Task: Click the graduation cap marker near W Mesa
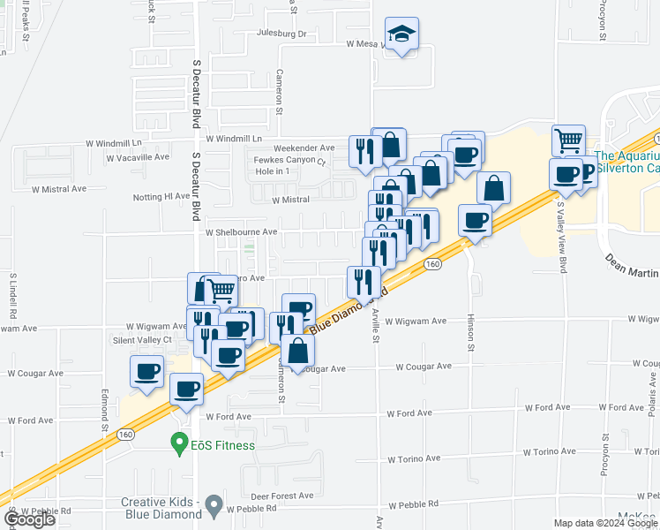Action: [401, 34]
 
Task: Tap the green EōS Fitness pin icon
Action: [180, 442]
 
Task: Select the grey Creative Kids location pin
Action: [214, 507]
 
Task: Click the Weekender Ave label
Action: [304, 148]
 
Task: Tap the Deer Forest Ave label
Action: [282, 496]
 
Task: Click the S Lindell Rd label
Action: [13, 295]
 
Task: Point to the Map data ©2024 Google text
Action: [605, 523]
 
